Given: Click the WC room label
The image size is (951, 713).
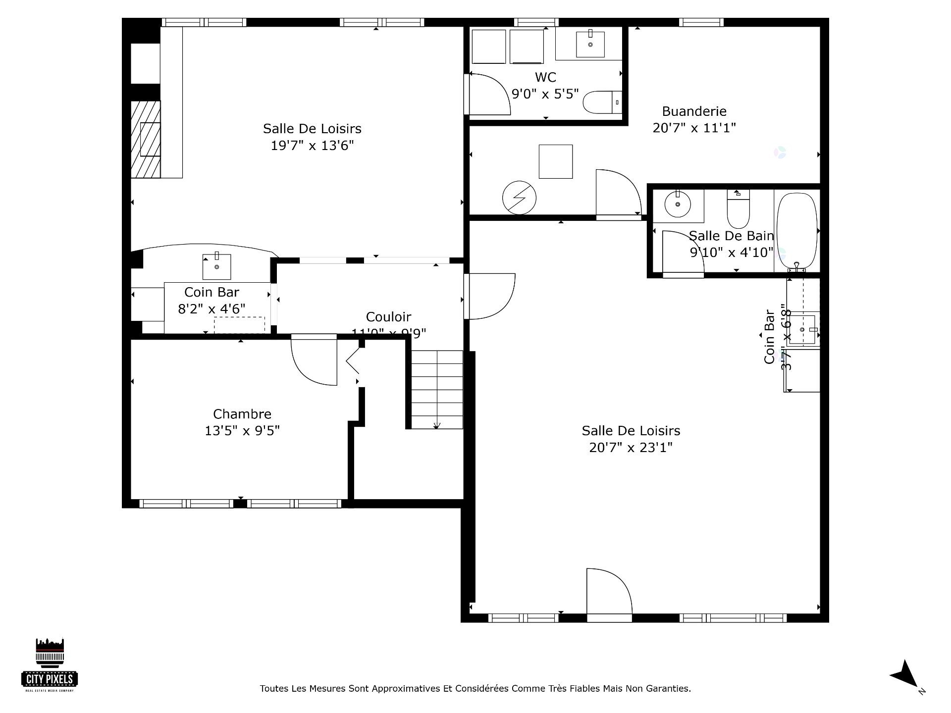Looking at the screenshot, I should pyautogui.click(x=545, y=77).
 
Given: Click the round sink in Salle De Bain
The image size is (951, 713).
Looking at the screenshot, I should pyautogui.click(x=677, y=204).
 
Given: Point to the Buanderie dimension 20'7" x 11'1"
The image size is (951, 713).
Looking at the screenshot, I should pyautogui.click(x=694, y=128).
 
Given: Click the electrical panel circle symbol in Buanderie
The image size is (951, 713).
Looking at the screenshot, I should pyautogui.click(x=519, y=198).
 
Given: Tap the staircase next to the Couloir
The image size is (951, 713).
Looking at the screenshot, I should pyautogui.click(x=437, y=389).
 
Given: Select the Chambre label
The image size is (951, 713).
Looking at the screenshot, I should pyautogui.click(x=242, y=414).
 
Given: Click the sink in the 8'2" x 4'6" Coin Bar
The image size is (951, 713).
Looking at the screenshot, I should pyautogui.click(x=216, y=266).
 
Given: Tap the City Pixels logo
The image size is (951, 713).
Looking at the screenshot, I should pyautogui.click(x=50, y=665).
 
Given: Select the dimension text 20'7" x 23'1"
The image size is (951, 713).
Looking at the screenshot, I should pyautogui.click(x=631, y=448).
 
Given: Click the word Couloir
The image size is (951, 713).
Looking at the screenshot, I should pyautogui.click(x=388, y=317).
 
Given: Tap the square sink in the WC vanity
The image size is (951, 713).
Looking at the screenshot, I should pyautogui.click(x=590, y=44).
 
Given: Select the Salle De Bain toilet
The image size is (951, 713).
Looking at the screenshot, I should pyautogui.click(x=738, y=210).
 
